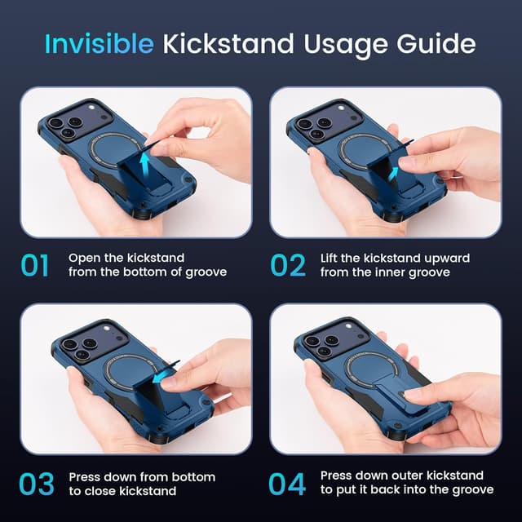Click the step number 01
pos(34,265)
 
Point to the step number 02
pos(287,265)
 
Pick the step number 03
pos(36,484)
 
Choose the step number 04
pos(288,484)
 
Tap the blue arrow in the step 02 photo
pos(395,172)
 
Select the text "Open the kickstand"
pos(126,258)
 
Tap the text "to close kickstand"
pos(122,491)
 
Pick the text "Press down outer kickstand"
pos(402,476)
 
